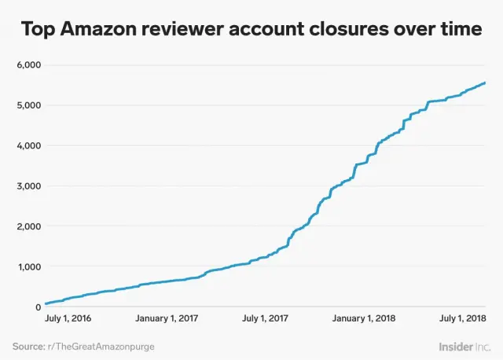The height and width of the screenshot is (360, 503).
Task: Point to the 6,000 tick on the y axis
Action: tap(29, 64)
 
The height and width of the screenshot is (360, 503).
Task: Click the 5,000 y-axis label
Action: tap(29, 105)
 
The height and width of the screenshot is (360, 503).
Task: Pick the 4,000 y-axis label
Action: tap(29, 145)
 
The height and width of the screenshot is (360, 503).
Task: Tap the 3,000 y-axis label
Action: tap(29, 186)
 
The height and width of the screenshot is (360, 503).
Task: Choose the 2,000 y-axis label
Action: tap(29, 226)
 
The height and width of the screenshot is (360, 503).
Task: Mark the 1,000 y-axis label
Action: tap(29, 266)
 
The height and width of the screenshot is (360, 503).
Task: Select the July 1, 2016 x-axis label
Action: tap(68, 318)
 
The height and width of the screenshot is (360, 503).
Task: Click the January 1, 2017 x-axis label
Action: tap(167, 318)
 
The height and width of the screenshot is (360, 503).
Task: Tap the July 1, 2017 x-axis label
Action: tap(265, 318)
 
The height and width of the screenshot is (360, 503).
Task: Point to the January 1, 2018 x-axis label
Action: tap(364, 318)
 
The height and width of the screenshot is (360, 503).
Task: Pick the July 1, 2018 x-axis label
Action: tap(461, 318)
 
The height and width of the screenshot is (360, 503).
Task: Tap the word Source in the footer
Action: tap(28, 345)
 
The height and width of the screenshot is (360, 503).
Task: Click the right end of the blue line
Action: tap(485, 83)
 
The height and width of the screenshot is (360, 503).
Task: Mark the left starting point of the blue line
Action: tap(46, 303)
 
